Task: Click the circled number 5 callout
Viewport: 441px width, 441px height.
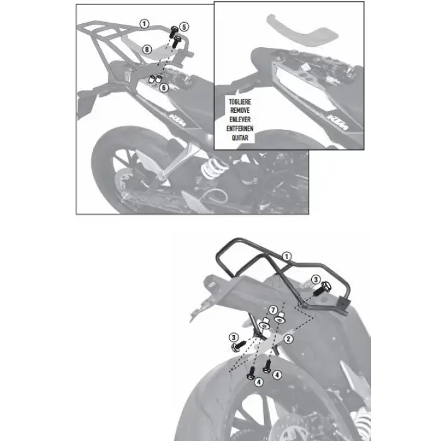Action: (183, 26)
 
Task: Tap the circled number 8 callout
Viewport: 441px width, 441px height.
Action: (146, 49)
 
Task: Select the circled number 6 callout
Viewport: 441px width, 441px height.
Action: (163, 88)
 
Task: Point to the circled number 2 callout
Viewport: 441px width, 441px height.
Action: (287, 339)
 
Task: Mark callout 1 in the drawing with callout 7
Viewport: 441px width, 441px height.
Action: (287, 256)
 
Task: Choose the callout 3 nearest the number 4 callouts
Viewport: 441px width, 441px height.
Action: (234, 339)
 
